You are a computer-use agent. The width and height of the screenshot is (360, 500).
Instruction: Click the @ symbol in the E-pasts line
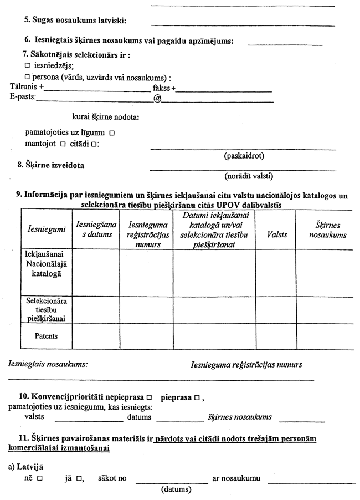[157, 98]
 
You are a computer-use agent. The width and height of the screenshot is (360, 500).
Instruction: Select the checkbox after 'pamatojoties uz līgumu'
[112, 133]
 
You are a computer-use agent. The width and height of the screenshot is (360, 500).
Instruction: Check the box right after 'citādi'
[94, 144]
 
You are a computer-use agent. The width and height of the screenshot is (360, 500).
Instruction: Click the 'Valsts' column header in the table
[277, 234]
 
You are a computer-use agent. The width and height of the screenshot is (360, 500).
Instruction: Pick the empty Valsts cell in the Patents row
[277, 336]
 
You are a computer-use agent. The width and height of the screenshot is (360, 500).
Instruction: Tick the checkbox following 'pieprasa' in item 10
[204, 398]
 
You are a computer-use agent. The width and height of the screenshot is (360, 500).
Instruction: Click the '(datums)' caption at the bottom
[176, 490]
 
